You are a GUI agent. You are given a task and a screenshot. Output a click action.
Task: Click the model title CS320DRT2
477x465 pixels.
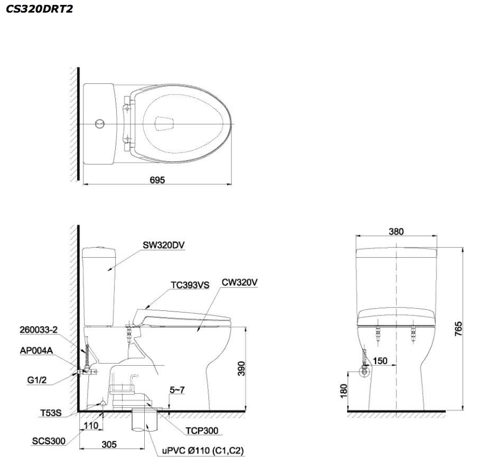(39, 9)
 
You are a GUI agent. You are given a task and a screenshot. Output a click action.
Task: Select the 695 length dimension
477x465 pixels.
(157, 179)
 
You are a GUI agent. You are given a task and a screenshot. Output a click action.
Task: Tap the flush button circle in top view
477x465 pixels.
(99, 124)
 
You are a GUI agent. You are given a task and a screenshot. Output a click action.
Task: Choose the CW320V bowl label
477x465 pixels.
(240, 282)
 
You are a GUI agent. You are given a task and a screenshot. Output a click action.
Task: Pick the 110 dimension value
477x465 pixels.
(90, 425)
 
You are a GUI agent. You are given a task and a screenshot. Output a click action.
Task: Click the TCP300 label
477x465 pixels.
(202, 431)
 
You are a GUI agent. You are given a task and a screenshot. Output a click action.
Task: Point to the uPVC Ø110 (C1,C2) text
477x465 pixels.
(202, 450)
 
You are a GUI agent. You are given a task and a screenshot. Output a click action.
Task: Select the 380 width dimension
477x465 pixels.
(396, 231)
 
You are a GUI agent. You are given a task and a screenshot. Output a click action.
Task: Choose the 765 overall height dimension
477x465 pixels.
(458, 328)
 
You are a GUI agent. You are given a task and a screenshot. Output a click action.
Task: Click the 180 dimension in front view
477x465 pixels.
(344, 391)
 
